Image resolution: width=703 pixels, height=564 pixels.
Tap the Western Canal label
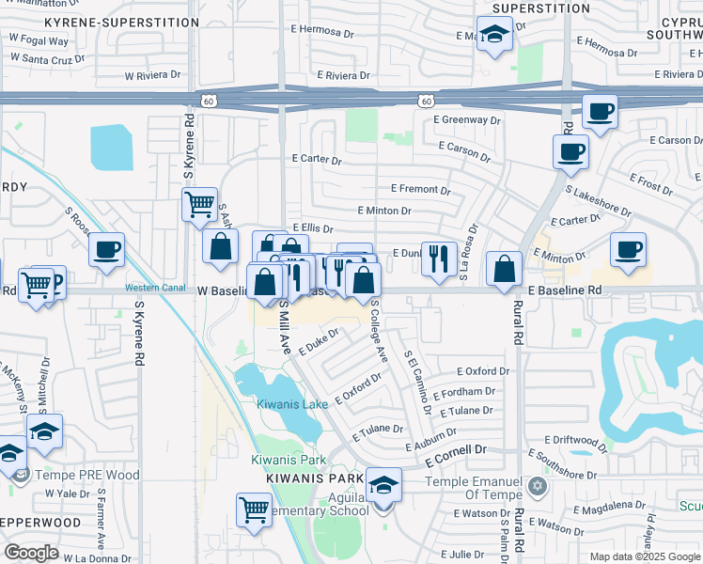(x=153, y=287)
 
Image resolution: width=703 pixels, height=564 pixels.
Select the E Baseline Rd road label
(x=564, y=292)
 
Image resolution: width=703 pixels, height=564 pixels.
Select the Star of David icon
(x=538, y=486)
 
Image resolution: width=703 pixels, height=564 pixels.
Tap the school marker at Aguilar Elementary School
(x=383, y=486)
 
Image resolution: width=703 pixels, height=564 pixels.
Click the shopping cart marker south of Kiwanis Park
(x=255, y=509)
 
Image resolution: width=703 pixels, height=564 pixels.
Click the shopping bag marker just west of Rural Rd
(x=505, y=268)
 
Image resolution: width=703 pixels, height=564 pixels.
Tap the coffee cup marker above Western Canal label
(x=106, y=249)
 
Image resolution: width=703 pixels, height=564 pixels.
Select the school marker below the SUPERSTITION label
(x=492, y=35)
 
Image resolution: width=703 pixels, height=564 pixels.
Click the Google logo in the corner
(x=32, y=552)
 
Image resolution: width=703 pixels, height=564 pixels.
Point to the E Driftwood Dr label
(x=580, y=439)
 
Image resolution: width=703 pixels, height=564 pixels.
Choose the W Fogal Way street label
(x=39, y=41)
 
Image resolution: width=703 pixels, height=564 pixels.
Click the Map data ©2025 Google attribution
(x=644, y=556)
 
